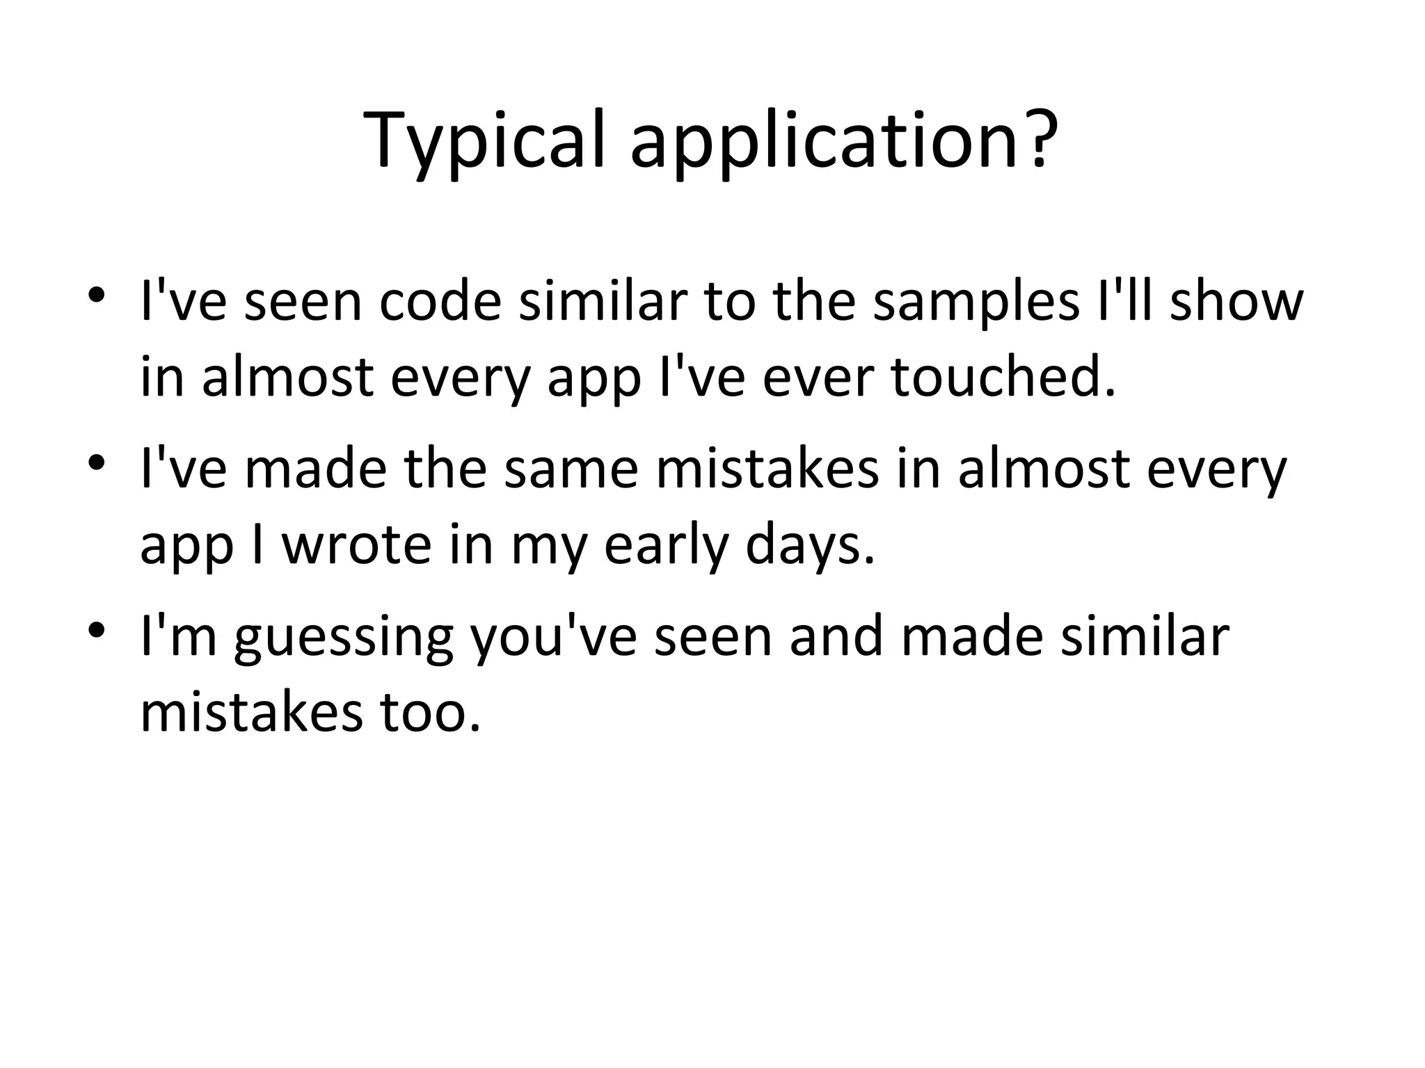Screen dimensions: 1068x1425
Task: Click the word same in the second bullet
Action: coord(571,469)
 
